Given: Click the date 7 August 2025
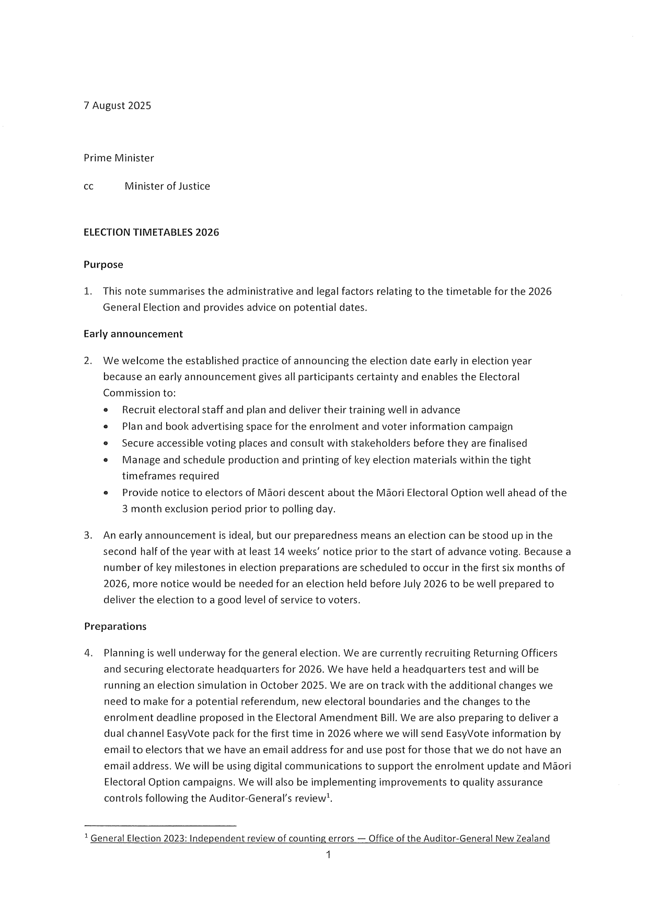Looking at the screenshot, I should point(117,105).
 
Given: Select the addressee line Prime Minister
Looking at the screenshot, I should point(119,158).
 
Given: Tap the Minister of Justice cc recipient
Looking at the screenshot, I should point(167,186).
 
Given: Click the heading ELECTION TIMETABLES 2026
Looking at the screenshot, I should point(151,232).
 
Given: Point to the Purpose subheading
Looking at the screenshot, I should point(103,265).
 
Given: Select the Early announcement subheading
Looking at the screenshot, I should point(133,334).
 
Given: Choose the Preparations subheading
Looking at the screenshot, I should point(115,627).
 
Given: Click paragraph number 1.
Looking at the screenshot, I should point(88,291).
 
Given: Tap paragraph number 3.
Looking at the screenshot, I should point(88,535).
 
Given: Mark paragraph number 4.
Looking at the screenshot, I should point(88,653).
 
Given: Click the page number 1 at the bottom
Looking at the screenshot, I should point(328,855).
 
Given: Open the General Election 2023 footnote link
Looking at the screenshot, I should point(320,839).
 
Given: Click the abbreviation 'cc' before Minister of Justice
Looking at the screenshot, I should point(88,187).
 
